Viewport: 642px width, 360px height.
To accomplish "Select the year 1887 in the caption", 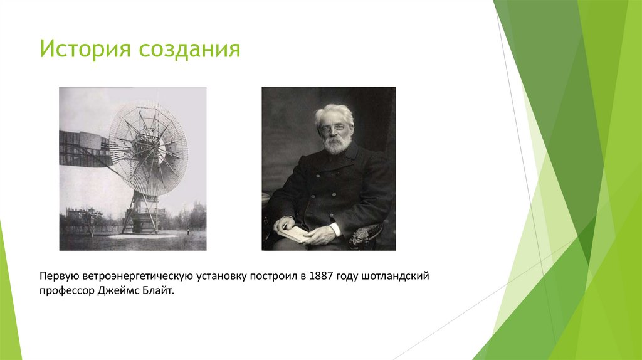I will pyautogui.click(x=322, y=277).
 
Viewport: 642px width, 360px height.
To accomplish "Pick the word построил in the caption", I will pyautogui.click(x=274, y=277).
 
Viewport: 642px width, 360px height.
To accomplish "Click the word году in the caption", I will pyautogui.click(x=349, y=277).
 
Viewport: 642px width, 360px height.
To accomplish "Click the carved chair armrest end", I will pyautogui.click(x=360, y=237).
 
